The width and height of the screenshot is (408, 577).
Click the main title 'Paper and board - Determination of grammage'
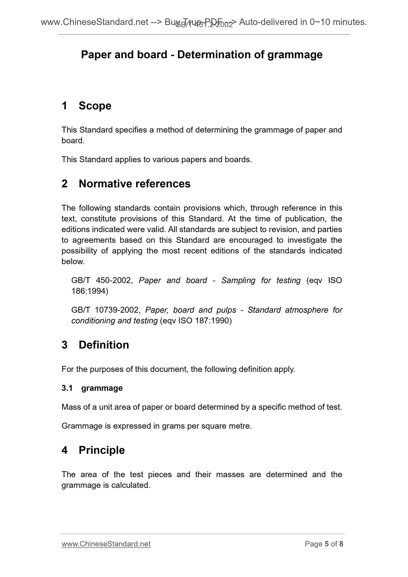click(202, 54)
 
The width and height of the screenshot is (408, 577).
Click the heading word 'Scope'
click(95, 106)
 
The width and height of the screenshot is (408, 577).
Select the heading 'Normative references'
click(134, 184)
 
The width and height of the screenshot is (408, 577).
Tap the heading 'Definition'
click(104, 345)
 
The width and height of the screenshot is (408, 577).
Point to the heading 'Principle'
click(102, 450)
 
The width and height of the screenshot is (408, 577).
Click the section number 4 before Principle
click(64, 450)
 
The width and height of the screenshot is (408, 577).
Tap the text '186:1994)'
click(90, 291)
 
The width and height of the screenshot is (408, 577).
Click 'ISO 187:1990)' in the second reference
click(205, 321)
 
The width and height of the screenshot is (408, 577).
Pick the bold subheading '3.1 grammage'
click(92, 388)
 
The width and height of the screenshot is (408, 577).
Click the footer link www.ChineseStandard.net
click(106, 544)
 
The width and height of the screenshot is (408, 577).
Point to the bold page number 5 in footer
click(327, 544)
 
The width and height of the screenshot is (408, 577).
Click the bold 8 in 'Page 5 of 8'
click(341, 544)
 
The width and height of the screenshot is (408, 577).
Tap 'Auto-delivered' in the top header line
click(268, 22)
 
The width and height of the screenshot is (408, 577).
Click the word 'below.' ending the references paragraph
click(73, 262)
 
